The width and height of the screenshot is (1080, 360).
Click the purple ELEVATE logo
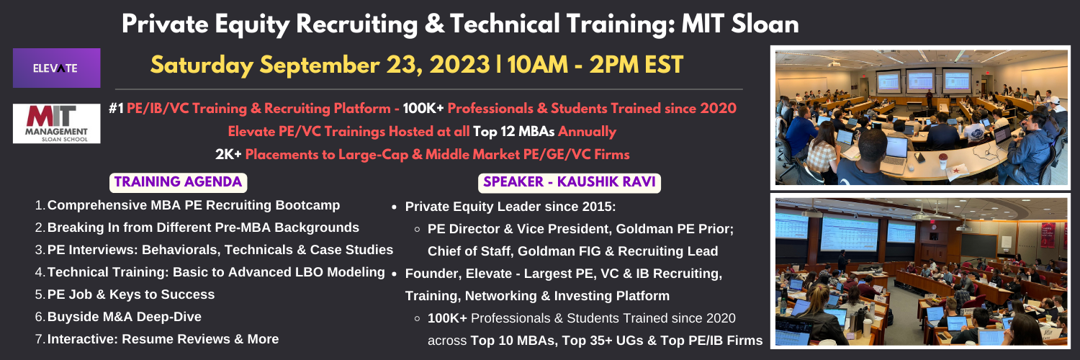tap(56, 68)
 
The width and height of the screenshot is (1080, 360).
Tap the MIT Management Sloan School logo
tap(56, 123)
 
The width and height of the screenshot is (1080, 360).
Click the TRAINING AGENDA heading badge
tap(179, 182)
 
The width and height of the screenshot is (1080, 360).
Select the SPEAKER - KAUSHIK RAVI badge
tap(570, 182)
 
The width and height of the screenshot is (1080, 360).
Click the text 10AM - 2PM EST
tap(595, 65)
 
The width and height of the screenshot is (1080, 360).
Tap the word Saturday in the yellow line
tap(202, 66)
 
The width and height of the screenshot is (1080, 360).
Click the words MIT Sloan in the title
tap(740, 24)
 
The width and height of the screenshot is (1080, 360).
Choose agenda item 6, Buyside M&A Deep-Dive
tap(125, 317)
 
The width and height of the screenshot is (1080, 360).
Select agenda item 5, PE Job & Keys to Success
tap(130, 294)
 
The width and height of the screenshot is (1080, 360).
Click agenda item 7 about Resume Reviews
tap(163, 339)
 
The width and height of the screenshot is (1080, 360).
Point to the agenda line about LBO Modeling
tap(216, 272)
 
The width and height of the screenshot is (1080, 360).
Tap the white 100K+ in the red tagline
tap(423, 108)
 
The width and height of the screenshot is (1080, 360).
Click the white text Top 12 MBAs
tap(513, 131)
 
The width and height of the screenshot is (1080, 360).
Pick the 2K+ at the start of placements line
tap(228, 154)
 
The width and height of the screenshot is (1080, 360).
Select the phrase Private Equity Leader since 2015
tap(510, 207)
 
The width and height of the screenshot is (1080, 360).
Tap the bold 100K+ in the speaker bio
tap(447, 318)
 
